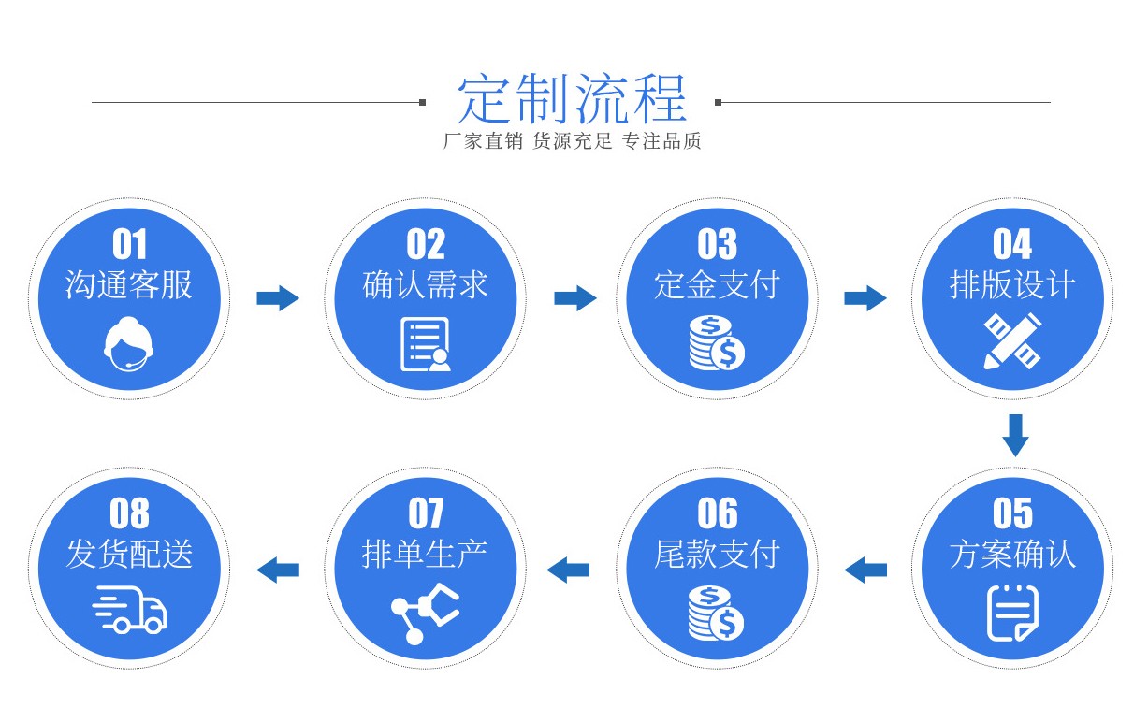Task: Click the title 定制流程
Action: click(x=572, y=99)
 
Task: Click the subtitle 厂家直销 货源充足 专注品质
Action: click(x=572, y=141)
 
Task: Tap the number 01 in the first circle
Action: click(x=129, y=245)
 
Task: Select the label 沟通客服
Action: click(x=129, y=285)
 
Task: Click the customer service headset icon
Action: click(x=128, y=343)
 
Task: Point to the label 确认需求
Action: click(x=426, y=285)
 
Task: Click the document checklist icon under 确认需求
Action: click(x=425, y=344)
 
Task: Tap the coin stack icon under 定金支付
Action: click(x=717, y=343)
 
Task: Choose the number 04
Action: click(x=1012, y=245)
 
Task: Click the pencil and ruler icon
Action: click(x=1012, y=341)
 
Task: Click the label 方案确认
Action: click(x=1012, y=555)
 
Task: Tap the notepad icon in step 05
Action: click(x=1012, y=613)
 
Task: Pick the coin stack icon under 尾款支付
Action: click(x=717, y=613)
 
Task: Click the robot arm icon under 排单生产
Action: click(x=425, y=613)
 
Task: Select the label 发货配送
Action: click(x=129, y=555)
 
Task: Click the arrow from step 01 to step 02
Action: click(x=278, y=298)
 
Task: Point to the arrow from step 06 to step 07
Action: click(x=568, y=569)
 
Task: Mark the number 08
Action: click(x=129, y=513)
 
